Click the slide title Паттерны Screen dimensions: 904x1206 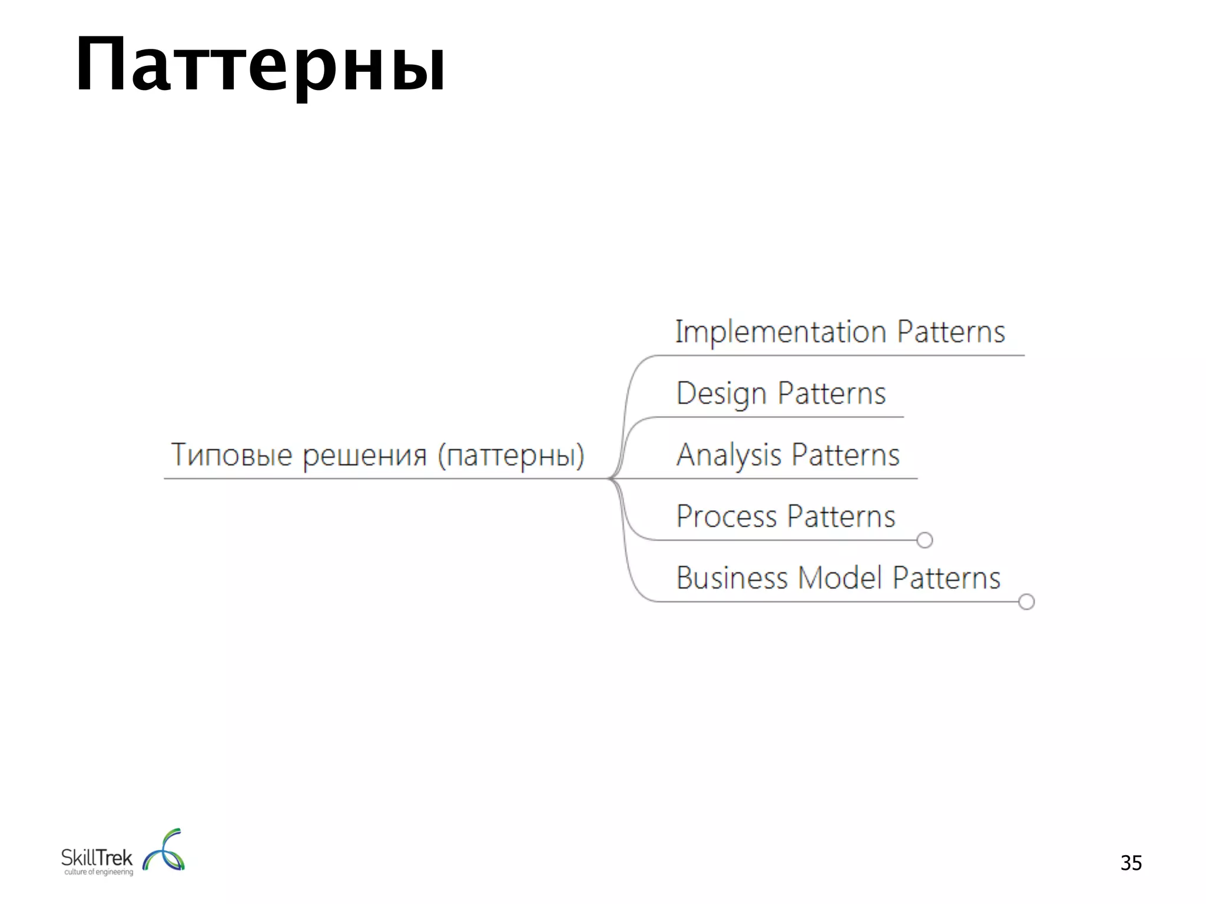point(260,65)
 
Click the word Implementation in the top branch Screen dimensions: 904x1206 point(780,332)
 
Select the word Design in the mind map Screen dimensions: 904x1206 point(721,394)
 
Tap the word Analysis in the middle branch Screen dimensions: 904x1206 point(728,455)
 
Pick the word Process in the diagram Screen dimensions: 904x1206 point(726,517)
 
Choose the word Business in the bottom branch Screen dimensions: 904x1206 point(731,578)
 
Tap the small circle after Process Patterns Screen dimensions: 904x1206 point(925,540)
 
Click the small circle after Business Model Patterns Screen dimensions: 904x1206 point(1026,601)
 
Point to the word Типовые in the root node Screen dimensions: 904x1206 point(231,455)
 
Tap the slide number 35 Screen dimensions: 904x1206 point(1131,863)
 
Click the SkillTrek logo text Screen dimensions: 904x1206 point(97,858)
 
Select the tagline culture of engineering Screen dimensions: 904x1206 point(98,872)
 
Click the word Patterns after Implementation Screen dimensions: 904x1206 point(950,332)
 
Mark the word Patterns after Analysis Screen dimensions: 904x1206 point(845,455)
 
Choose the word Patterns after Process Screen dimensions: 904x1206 point(841,517)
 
